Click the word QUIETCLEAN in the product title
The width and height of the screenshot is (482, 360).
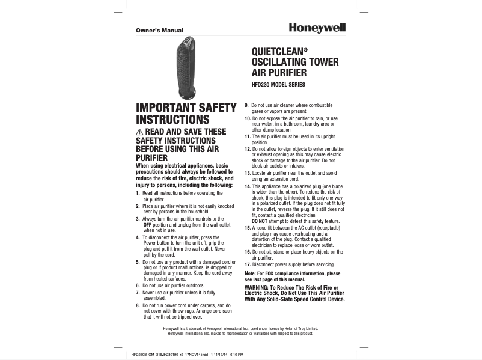click(x=273, y=52)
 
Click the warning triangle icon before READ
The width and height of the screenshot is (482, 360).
click(x=140, y=132)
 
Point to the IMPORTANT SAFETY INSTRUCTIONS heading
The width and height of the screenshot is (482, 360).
click(x=186, y=114)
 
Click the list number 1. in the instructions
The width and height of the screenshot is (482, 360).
click(x=138, y=192)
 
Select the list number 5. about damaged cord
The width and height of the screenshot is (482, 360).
click(x=138, y=263)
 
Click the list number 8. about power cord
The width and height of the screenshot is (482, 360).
click(x=138, y=306)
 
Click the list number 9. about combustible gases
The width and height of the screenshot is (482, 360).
click(x=246, y=106)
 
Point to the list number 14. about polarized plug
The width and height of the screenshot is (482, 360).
click(x=248, y=186)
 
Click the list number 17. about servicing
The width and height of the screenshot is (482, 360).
click(x=248, y=264)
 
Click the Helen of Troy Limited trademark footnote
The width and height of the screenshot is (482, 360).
click(x=240, y=329)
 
